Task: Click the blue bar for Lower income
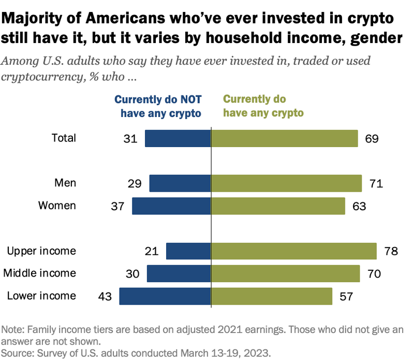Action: tap(165, 296)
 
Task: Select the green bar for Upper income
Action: tap(293, 251)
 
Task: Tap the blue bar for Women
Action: tap(171, 206)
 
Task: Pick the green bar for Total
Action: tap(284, 138)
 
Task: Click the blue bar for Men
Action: tap(180, 183)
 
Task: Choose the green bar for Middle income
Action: tap(285, 273)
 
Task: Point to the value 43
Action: tap(105, 296)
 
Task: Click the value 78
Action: tap(391, 251)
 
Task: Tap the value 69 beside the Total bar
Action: tap(372, 138)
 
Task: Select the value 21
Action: tap(152, 251)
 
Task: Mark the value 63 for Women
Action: tap(359, 206)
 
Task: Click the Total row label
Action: tap(64, 138)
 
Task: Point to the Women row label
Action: tap(57, 205)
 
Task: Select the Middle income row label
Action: tap(40, 273)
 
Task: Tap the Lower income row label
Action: tap(41, 296)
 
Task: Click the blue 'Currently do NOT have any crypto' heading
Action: tap(157, 106)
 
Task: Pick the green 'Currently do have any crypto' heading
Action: tap(263, 106)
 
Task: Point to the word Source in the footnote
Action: tap(17, 352)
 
